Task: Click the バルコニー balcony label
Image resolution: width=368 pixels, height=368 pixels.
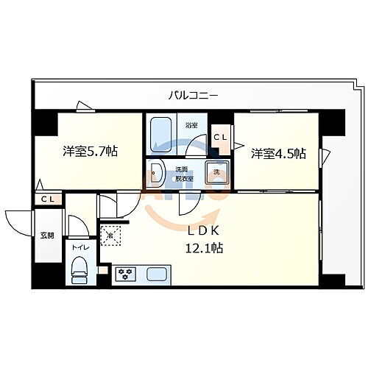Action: click(x=193, y=95)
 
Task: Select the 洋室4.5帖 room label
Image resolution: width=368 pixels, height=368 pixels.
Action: click(x=278, y=153)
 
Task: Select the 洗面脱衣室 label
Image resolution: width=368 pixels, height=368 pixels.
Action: click(x=184, y=173)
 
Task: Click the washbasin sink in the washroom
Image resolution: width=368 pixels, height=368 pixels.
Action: click(x=156, y=174)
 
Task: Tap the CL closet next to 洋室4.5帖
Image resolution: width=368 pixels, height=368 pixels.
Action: click(x=221, y=137)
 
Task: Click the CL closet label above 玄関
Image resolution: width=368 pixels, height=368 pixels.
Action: click(x=47, y=199)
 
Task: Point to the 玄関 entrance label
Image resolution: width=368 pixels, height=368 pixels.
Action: click(x=46, y=236)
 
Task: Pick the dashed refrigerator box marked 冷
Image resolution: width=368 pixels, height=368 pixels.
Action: click(x=110, y=235)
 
